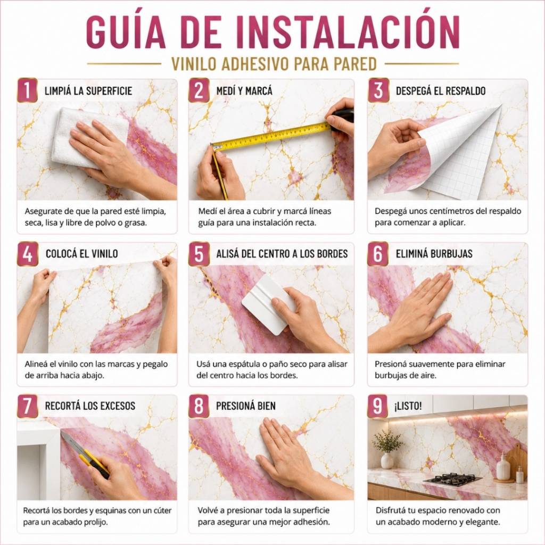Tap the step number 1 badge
click(28, 90)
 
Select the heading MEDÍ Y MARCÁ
click(244, 91)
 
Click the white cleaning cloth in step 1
click(89, 137)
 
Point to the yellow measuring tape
click(271, 136)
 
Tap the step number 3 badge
click(378, 90)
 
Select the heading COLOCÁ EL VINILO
click(81, 254)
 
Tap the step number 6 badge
click(378, 254)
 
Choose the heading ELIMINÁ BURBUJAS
click(434, 254)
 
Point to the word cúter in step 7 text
click(161, 510)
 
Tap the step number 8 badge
click(199, 406)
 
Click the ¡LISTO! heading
click(408, 406)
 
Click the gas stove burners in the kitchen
click(452, 478)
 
